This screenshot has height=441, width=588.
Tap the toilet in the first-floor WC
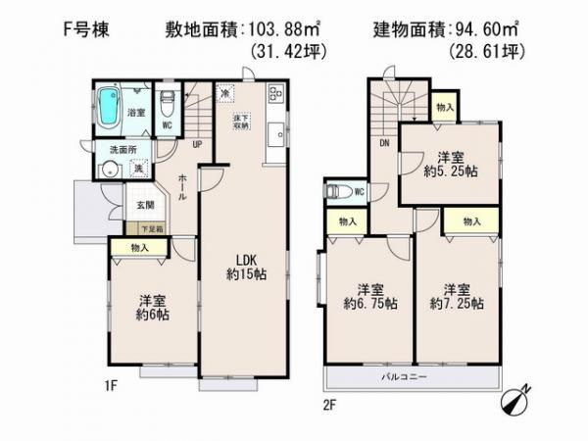click(168, 102)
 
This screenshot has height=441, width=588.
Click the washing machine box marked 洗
click(138, 168)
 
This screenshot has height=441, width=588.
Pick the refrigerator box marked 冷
click(226, 94)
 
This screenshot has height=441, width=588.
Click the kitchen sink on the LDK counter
click(276, 133)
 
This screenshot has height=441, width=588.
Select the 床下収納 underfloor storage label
click(241, 122)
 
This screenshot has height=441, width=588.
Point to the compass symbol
click(516, 404)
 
